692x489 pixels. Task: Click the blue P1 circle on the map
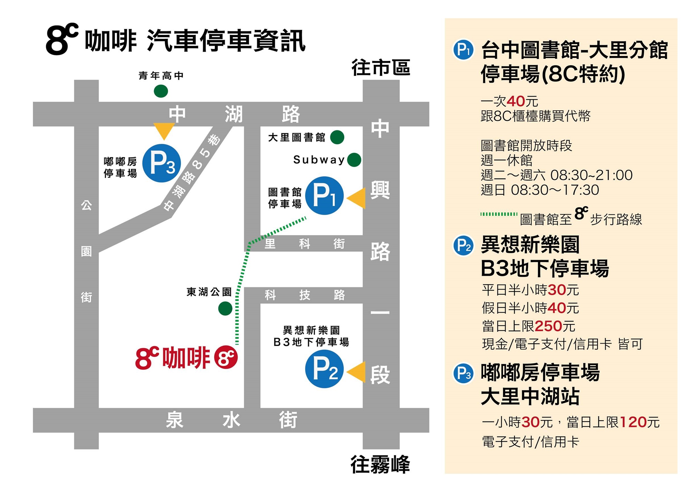(x=324, y=196)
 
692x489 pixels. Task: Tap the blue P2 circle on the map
(x=324, y=369)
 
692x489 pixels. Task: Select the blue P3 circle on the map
(x=162, y=163)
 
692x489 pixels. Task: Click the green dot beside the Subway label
(x=354, y=160)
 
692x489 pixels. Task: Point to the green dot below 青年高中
(x=161, y=91)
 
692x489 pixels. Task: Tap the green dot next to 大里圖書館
(x=337, y=137)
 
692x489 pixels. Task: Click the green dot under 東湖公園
(x=225, y=308)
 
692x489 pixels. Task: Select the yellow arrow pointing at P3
(x=164, y=130)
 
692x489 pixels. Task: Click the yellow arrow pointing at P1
(x=357, y=199)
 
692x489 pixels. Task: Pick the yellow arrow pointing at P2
(x=357, y=372)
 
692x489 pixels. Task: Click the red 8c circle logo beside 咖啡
(x=226, y=357)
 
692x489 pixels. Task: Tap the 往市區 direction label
(x=381, y=67)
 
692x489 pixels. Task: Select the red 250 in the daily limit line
(x=548, y=326)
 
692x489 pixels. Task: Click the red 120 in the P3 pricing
(x=633, y=422)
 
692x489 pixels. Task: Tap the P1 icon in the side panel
(x=463, y=50)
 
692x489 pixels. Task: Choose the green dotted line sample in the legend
(x=499, y=214)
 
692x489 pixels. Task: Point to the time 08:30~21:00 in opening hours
(x=591, y=175)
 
